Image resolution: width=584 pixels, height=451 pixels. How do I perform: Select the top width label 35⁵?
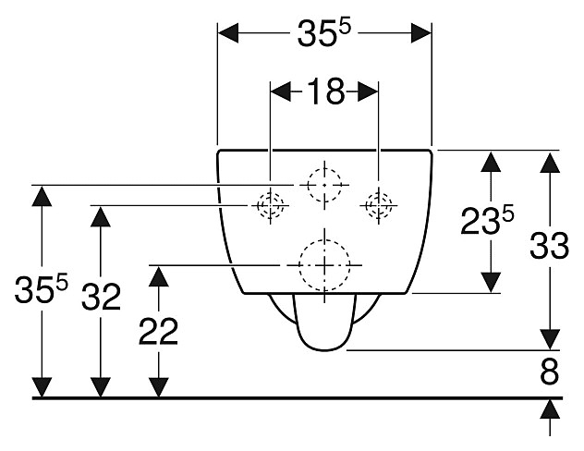[324, 34]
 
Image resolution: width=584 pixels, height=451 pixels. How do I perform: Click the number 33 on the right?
[549, 246]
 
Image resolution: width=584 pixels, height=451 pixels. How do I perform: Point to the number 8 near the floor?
[551, 373]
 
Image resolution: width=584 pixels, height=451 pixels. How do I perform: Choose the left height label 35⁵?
[41, 293]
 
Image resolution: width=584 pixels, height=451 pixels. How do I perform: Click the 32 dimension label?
[100, 298]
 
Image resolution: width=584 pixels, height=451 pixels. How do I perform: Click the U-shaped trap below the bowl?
[322, 323]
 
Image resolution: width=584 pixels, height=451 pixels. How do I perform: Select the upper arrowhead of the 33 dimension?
[550, 163]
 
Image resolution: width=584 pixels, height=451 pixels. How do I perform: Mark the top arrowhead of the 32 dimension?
[100, 218]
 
